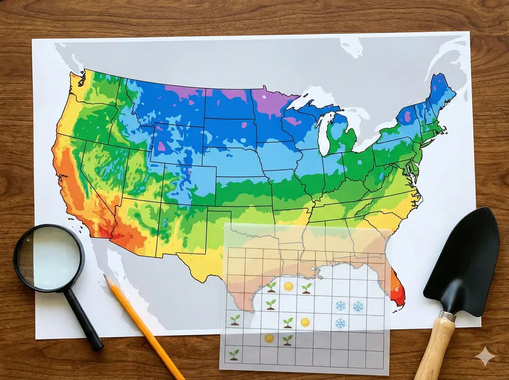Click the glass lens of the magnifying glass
(48, 258)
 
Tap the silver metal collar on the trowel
(446, 316)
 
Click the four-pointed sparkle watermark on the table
(485, 357)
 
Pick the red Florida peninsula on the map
(397, 289)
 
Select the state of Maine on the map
(441, 93)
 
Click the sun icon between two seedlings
(288, 287)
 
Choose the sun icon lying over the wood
(269, 338)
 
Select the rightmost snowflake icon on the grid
(358, 306)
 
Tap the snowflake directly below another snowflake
(340, 323)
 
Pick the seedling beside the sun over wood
(287, 340)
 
